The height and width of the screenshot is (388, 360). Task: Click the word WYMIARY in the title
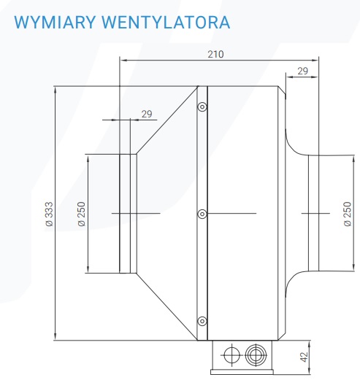(55, 23)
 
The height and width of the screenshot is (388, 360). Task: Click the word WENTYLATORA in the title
(166, 23)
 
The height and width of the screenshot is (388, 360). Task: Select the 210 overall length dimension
(215, 54)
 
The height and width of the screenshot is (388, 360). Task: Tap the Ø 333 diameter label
(50, 214)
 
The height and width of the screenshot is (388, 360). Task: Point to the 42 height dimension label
(304, 357)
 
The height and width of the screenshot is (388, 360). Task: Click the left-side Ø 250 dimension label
(81, 214)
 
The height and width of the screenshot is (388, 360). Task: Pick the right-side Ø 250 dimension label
(348, 214)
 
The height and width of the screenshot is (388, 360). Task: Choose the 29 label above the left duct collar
(147, 114)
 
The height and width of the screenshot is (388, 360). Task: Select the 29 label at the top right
(302, 71)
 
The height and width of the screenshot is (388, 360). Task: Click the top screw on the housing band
(202, 107)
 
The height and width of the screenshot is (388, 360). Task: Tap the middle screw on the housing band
(202, 214)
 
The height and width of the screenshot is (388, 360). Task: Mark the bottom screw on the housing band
(202, 321)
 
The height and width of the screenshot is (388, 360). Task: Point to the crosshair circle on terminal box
(231, 355)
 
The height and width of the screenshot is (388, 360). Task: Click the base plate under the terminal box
(242, 372)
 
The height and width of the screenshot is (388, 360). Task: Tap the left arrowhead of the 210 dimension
(123, 60)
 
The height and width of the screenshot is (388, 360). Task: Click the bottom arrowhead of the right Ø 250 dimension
(354, 267)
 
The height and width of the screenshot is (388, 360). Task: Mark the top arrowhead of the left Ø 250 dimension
(88, 158)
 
